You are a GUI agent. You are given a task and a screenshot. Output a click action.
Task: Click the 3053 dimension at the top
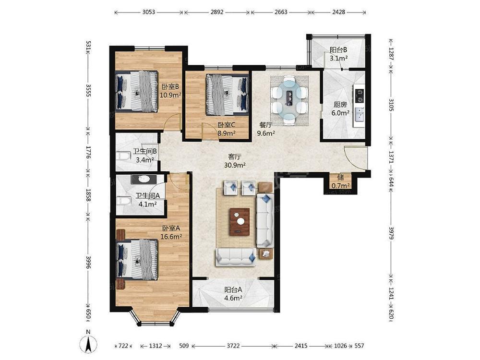[x=149, y=12]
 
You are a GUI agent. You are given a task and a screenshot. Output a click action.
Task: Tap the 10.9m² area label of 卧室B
[x=171, y=95]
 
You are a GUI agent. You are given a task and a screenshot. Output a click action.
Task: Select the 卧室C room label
[x=226, y=125]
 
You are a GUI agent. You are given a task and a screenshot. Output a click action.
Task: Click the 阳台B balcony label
[x=338, y=49]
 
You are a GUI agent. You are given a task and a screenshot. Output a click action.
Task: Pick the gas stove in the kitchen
[x=359, y=95]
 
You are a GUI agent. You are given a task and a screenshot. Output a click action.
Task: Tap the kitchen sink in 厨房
[x=360, y=115]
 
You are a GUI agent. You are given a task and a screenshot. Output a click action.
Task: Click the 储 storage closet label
[x=340, y=178]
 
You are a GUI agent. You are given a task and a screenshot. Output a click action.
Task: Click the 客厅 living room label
[x=235, y=157]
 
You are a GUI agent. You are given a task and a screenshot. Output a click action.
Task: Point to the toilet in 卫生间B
[x=122, y=156]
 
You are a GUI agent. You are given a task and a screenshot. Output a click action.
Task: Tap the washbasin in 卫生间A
[x=143, y=179]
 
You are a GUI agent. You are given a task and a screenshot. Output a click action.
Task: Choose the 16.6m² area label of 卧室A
[x=171, y=236]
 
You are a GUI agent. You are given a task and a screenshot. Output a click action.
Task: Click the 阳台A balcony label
[x=233, y=289]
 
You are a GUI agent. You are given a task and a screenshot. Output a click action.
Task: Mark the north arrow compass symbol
[x=88, y=343]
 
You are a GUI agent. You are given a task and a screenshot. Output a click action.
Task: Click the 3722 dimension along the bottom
[x=233, y=346]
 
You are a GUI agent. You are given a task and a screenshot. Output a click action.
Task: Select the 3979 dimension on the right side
[x=391, y=233]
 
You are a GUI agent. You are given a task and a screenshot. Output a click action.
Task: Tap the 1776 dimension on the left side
[x=88, y=152]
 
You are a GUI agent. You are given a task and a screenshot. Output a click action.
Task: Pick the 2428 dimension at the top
[x=338, y=12]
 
